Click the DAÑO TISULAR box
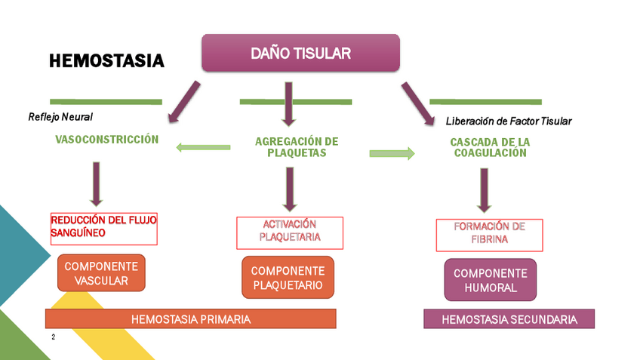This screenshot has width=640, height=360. [x=300, y=53]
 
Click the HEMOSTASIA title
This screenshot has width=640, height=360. [x=106, y=61]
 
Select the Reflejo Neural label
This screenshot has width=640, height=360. [x=60, y=117]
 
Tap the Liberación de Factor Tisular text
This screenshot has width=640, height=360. [x=509, y=121]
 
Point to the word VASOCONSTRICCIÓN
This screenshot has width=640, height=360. [x=107, y=140]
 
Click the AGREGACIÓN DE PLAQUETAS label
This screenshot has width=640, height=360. [x=297, y=146]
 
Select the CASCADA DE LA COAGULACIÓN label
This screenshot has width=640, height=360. [x=490, y=146]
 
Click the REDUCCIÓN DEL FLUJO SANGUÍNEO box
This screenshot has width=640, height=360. [x=104, y=228]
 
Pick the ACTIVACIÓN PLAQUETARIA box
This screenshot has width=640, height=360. [x=290, y=232]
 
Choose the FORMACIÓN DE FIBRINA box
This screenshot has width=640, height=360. [x=489, y=234]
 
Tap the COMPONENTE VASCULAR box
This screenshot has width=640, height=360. [x=101, y=273]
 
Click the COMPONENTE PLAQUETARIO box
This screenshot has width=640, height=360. [x=288, y=278]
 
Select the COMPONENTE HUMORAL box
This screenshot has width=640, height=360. [x=490, y=280]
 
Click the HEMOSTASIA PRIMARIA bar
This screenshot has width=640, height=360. [x=190, y=319]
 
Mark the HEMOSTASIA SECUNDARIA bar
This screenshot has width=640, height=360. [x=509, y=319]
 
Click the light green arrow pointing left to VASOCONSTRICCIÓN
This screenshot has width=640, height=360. [x=202, y=146]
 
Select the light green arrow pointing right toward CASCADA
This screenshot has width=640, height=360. [x=392, y=154]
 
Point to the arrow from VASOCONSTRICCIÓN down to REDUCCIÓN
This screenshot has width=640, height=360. [x=96, y=183]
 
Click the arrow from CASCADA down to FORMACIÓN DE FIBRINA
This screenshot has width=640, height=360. [x=485, y=189]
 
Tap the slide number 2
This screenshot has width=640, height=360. [x=53, y=337]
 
